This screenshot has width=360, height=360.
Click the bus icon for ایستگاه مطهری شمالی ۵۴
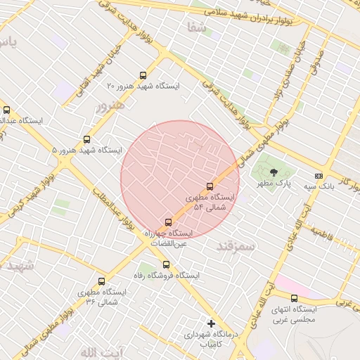coord(210,186)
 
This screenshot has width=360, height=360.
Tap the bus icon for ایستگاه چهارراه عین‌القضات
coord(167,222)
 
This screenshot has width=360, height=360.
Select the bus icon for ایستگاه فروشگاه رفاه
coord(166,265)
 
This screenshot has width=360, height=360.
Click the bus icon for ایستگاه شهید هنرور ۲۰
coord(143,75)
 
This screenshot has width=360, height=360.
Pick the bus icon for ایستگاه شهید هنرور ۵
coord(86,139)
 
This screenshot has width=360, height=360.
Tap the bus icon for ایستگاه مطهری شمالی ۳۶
coord(102,281)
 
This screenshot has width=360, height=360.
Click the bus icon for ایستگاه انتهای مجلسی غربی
coord(294,298)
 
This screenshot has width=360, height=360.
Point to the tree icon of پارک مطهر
coord(274,172)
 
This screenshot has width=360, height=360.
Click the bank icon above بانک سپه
coord(319,175)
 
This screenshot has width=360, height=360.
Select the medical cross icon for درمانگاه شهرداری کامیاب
coord(211,323)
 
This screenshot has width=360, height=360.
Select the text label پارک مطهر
coord(274,184)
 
